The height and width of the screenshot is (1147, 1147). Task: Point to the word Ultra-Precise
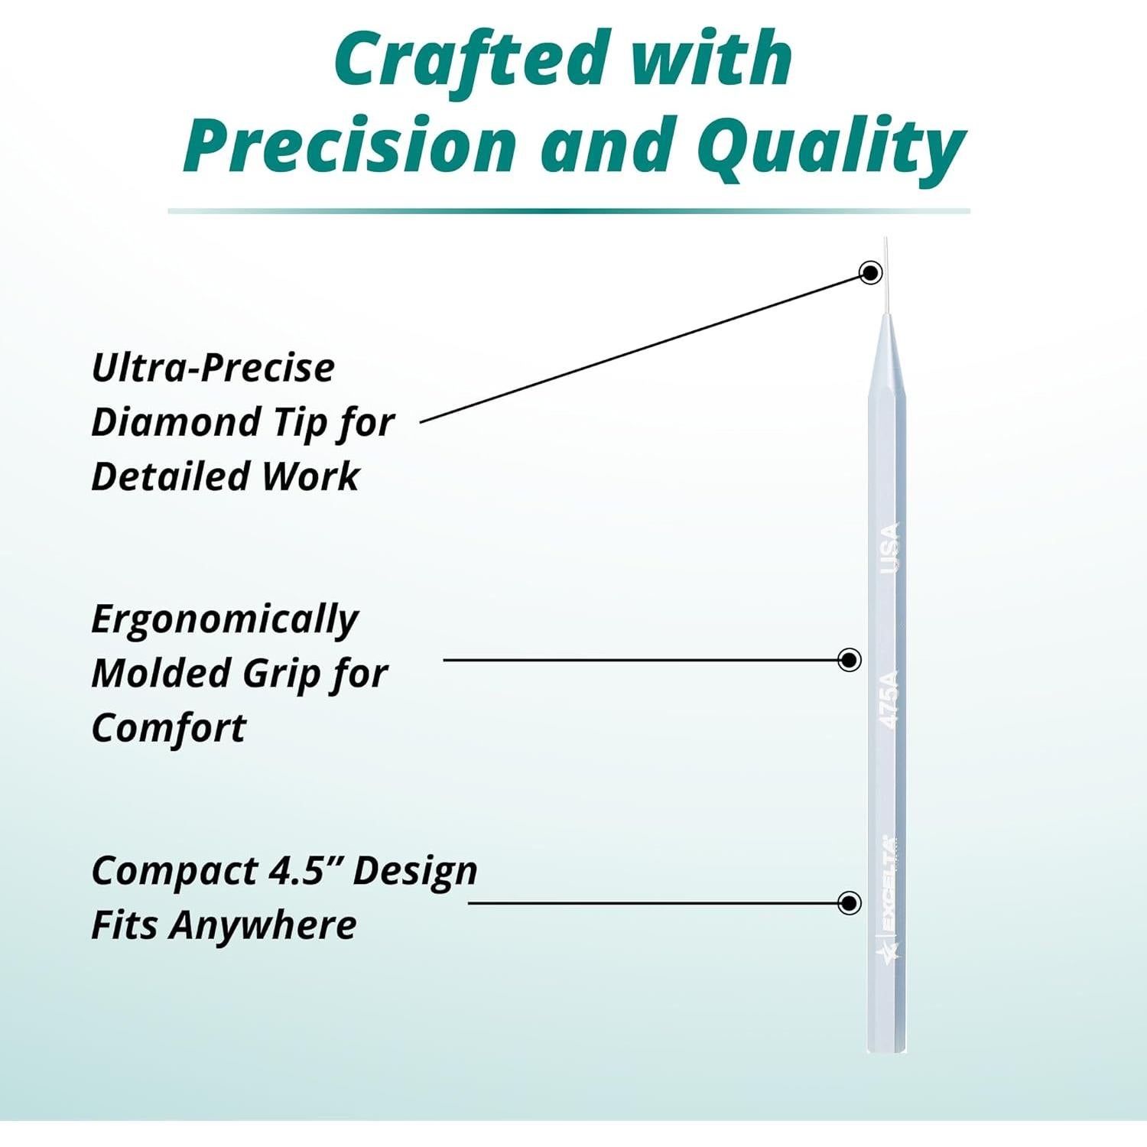[x=213, y=368]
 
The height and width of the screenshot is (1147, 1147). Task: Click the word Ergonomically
[x=224, y=620]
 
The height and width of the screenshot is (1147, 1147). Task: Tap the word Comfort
[x=168, y=727]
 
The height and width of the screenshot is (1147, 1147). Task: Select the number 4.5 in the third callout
[x=301, y=871]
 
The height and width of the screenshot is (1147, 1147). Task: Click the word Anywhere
[x=263, y=926]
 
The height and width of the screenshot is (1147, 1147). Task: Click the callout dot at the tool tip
[x=871, y=272]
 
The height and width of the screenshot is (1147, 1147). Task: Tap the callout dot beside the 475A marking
[x=850, y=660]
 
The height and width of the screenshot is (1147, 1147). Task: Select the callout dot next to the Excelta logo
[x=850, y=902]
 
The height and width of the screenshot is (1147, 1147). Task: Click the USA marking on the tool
[x=889, y=548]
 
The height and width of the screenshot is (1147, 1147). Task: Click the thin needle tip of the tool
[x=886, y=275]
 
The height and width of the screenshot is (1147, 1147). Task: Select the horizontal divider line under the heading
[x=569, y=210]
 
